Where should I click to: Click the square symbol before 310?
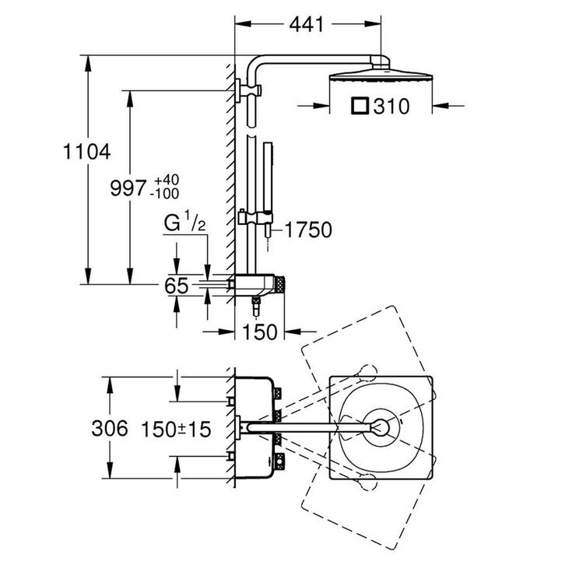click(x=360, y=106)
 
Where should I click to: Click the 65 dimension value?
click(x=177, y=286)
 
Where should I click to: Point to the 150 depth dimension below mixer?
click(x=260, y=332)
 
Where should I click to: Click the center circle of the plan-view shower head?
click(x=381, y=426)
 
